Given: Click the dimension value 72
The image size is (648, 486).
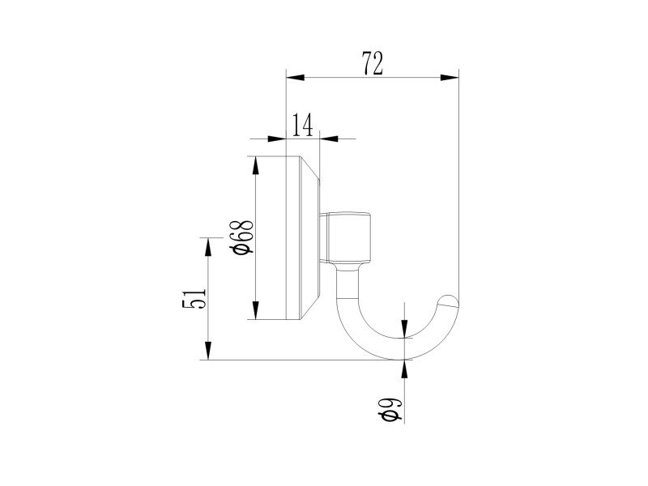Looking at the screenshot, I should (x=372, y=64).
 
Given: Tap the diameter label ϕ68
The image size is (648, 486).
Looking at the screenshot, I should (x=242, y=237).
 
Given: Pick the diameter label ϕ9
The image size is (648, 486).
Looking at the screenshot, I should (x=390, y=409).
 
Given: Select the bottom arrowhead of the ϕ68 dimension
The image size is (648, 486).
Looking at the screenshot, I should (x=256, y=312).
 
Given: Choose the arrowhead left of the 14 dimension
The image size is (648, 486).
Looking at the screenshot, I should (x=279, y=138).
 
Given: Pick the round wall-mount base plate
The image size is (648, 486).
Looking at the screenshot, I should (x=304, y=237).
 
